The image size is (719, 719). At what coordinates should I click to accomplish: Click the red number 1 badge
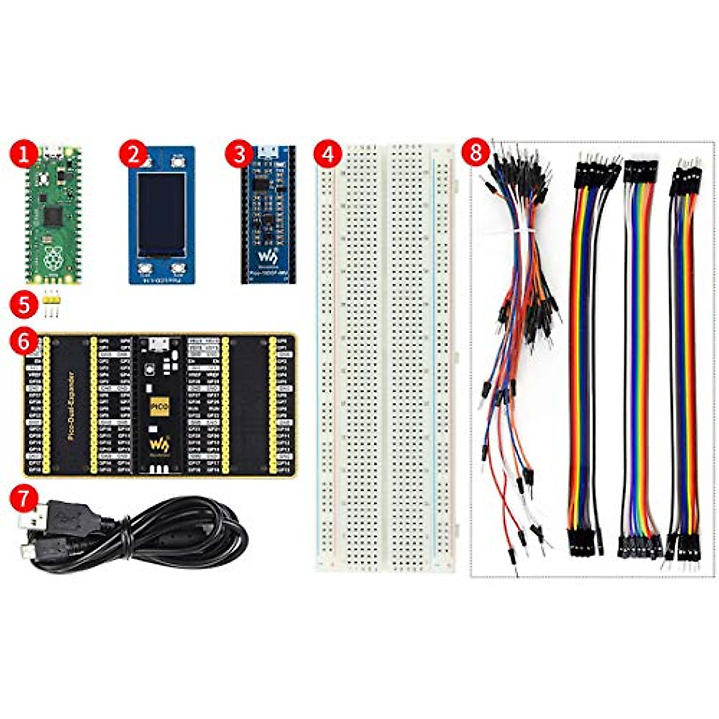[x=23, y=155]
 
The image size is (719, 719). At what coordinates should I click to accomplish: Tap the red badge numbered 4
[x=327, y=155]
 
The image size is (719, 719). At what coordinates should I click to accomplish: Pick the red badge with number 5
[x=23, y=304]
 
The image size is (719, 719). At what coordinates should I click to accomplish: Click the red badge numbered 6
[x=23, y=342]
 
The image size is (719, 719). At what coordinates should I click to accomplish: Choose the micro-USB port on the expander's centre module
[x=159, y=344]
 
